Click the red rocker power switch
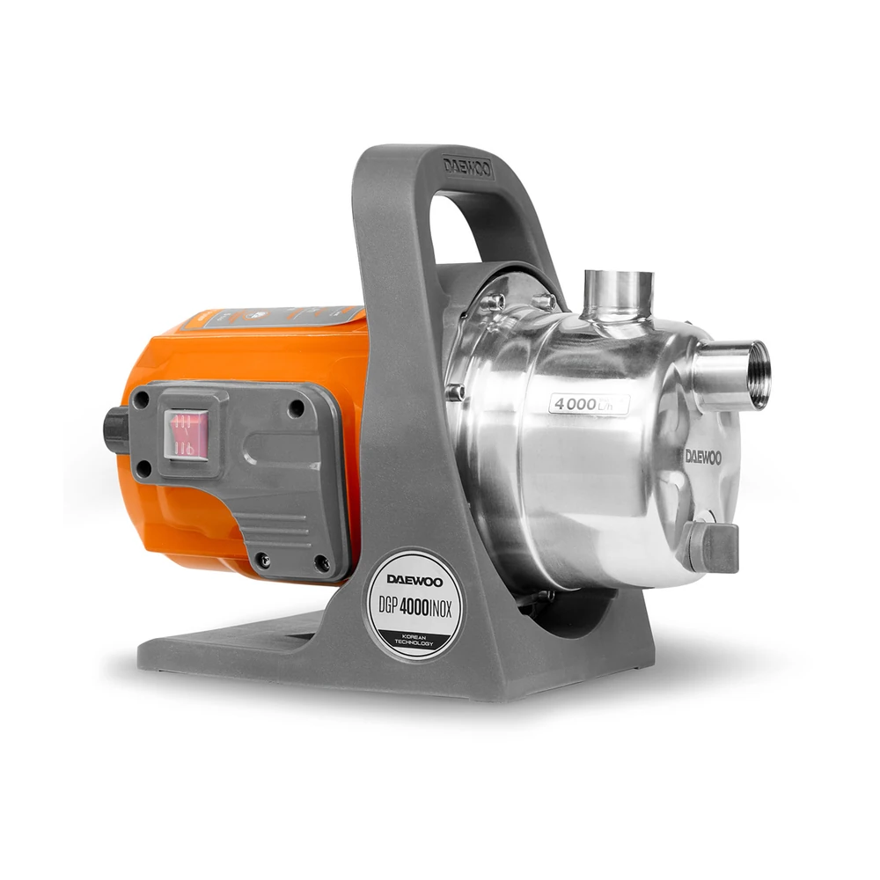point(186,434)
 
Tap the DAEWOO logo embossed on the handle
point(467,166)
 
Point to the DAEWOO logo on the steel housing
point(702,457)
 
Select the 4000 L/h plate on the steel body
point(589,404)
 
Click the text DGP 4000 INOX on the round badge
point(414,605)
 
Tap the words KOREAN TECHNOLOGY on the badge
point(414,639)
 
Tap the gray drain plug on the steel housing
point(714,546)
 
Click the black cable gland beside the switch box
point(115,431)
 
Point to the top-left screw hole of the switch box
point(141,400)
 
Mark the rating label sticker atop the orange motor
point(282,316)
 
